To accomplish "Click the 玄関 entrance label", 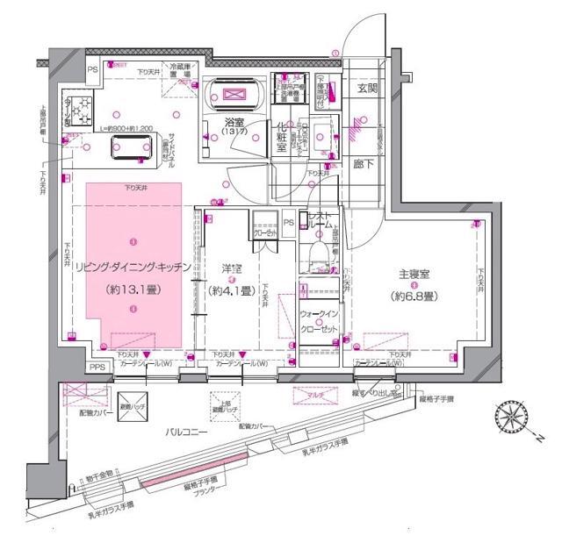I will pos(367,89).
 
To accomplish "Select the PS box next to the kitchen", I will pos(91,68).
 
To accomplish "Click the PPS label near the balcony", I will pos(98,368).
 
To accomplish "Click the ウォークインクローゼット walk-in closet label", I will pos(320,321).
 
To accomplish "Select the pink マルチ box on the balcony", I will pos(316,397).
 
